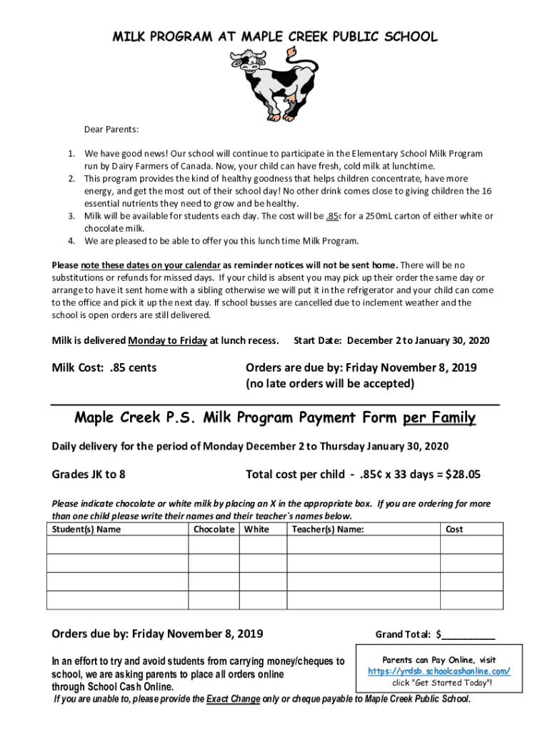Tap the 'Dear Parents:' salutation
[x=111, y=129]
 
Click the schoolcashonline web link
[x=439, y=671]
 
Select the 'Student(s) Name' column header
[x=85, y=529]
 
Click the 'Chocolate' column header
[x=214, y=529]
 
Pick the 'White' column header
[x=256, y=529]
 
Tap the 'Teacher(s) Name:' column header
[x=328, y=529]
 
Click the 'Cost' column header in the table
[x=454, y=529]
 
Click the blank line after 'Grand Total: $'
[x=469, y=634]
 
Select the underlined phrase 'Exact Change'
[x=233, y=698]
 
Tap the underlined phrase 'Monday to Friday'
[x=168, y=340]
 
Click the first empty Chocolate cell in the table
[x=213, y=545]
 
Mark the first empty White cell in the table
[x=262, y=545]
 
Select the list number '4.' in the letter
[x=71, y=240]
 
